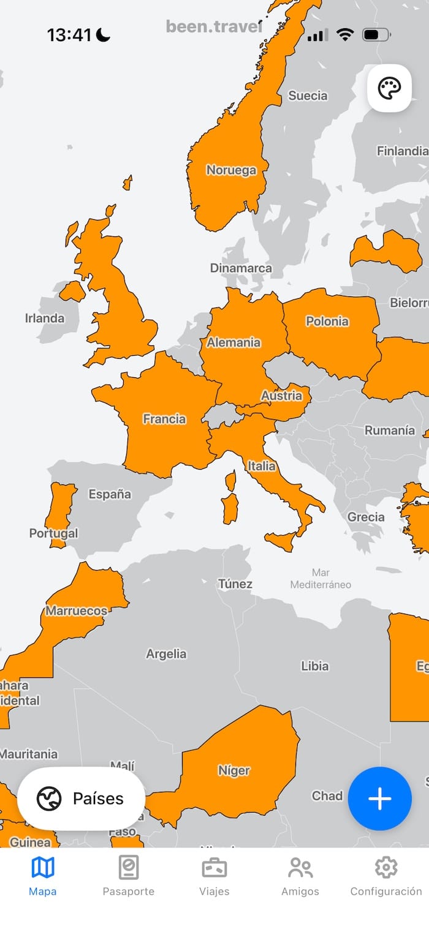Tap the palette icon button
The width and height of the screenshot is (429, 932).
click(x=389, y=88)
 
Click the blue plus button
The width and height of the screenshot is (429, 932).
click(x=379, y=799)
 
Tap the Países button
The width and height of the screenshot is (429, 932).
click(x=81, y=799)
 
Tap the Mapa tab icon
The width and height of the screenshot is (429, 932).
click(x=43, y=868)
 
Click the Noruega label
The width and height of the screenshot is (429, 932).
click(x=231, y=170)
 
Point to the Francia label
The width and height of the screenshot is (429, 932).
click(x=164, y=419)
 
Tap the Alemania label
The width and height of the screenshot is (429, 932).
click(x=233, y=343)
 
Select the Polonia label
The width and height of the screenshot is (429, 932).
click(x=327, y=321)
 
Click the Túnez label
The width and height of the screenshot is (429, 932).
click(x=235, y=584)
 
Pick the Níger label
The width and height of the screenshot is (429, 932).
click(x=234, y=771)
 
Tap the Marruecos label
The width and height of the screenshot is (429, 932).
click(x=76, y=611)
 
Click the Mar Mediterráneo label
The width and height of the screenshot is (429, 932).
click(x=321, y=579)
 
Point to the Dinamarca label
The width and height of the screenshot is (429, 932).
click(x=241, y=268)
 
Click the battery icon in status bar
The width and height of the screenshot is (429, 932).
click(x=374, y=35)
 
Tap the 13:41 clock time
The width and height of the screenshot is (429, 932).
click(x=69, y=35)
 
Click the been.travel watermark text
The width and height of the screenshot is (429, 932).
click(x=214, y=26)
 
